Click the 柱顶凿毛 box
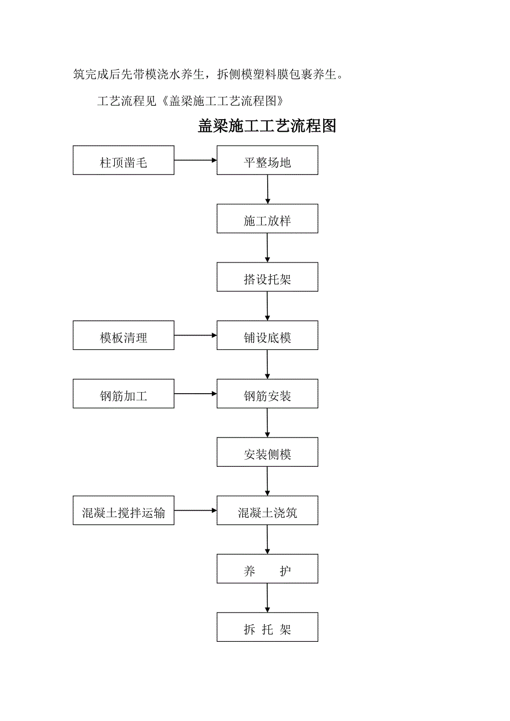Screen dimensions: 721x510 click(x=123, y=160)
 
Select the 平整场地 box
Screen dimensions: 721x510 click(x=267, y=160)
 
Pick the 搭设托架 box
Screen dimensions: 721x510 click(x=267, y=277)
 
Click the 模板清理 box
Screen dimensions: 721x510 click(x=123, y=335)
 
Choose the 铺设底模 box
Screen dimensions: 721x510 click(x=267, y=335)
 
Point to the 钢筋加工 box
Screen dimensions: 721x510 click(x=123, y=394)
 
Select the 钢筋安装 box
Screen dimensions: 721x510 click(x=267, y=394)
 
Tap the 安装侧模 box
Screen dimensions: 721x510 click(x=267, y=452)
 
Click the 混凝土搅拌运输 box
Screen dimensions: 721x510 click(x=123, y=511)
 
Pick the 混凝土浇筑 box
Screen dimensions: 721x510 click(x=267, y=511)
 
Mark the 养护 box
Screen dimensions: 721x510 click(x=267, y=569)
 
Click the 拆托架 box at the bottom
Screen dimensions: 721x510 click(x=267, y=627)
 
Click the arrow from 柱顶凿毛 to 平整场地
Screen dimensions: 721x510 click(x=195, y=160)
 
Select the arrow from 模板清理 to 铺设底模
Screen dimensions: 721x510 click(x=195, y=335)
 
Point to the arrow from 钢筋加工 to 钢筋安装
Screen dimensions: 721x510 click(x=195, y=394)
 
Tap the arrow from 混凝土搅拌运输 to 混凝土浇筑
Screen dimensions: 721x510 click(x=195, y=511)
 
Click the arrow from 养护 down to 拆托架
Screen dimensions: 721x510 click(x=267, y=598)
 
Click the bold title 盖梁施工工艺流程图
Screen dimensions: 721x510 click(x=267, y=126)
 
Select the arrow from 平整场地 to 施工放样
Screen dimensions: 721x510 click(x=267, y=189)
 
